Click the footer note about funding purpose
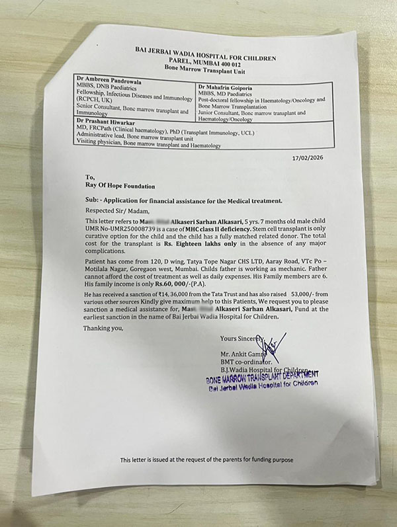point(206,459)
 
